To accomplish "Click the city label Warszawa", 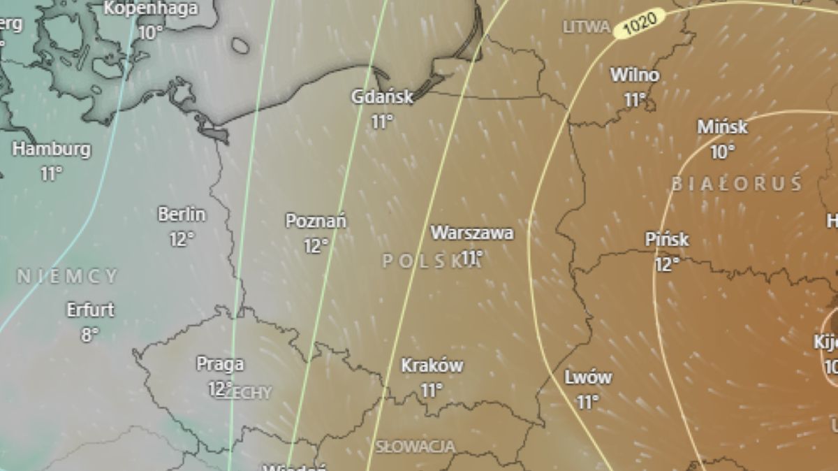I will click(x=472, y=233).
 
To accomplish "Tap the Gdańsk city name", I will click(x=382, y=97).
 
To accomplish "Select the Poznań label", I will click(x=316, y=222).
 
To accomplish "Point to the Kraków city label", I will click(x=432, y=365).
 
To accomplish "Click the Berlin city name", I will click(x=182, y=215).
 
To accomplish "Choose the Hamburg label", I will click(x=51, y=149).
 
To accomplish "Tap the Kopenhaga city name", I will click(x=151, y=9).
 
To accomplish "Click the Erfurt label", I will click(x=90, y=310).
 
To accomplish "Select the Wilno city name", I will click(x=634, y=75).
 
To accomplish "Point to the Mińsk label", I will click(x=722, y=127).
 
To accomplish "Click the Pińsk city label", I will click(x=667, y=240).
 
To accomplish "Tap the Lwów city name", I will click(x=587, y=378).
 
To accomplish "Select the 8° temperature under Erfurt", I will click(x=89, y=334).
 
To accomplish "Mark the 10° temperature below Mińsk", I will click(x=722, y=151).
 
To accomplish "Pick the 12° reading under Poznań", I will click(x=316, y=246).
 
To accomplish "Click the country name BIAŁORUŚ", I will click(x=737, y=184).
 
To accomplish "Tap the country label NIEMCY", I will click(x=68, y=277).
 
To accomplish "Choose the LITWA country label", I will click(x=587, y=27).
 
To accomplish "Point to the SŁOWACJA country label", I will click(x=416, y=446).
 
